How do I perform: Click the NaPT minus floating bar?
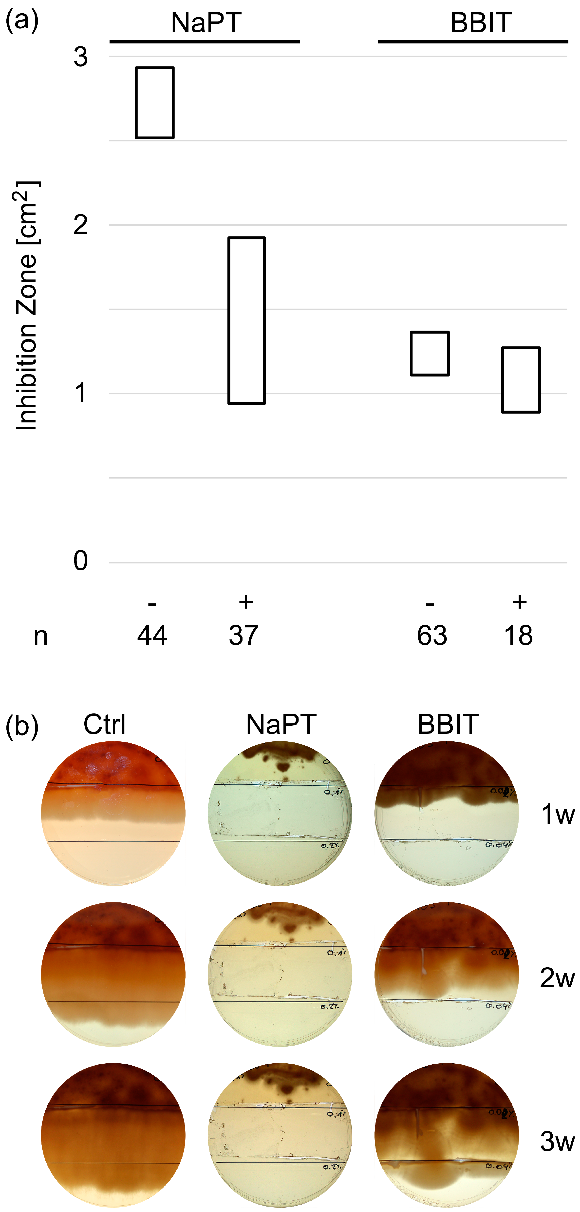(155, 102)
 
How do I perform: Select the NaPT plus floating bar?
(247, 320)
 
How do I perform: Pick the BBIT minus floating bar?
(430, 353)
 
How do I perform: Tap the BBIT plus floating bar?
(521, 380)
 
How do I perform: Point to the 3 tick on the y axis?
(80, 57)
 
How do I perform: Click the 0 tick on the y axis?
(80, 561)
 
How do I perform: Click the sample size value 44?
(152, 636)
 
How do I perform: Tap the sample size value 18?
(518, 636)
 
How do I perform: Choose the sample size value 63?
(431, 636)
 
